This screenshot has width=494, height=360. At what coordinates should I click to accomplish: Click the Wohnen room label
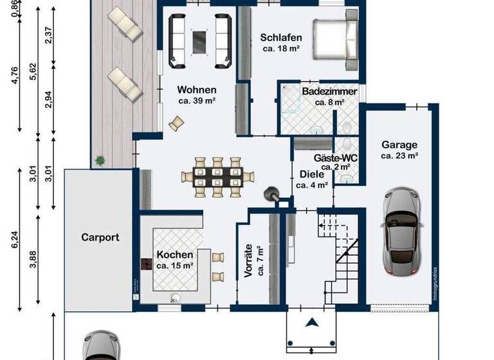(x=196, y=90)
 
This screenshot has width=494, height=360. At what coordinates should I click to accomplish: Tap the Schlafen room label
(x=281, y=37)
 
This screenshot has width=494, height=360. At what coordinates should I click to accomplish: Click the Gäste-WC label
(x=335, y=157)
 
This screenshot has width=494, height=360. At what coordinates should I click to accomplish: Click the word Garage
(x=399, y=145)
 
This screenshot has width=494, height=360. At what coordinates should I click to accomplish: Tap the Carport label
(x=100, y=237)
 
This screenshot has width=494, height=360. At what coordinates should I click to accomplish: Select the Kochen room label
(x=174, y=255)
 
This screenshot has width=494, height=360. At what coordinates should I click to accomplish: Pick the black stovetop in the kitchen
(x=145, y=265)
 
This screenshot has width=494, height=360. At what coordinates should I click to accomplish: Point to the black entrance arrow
(x=313, y=323)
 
